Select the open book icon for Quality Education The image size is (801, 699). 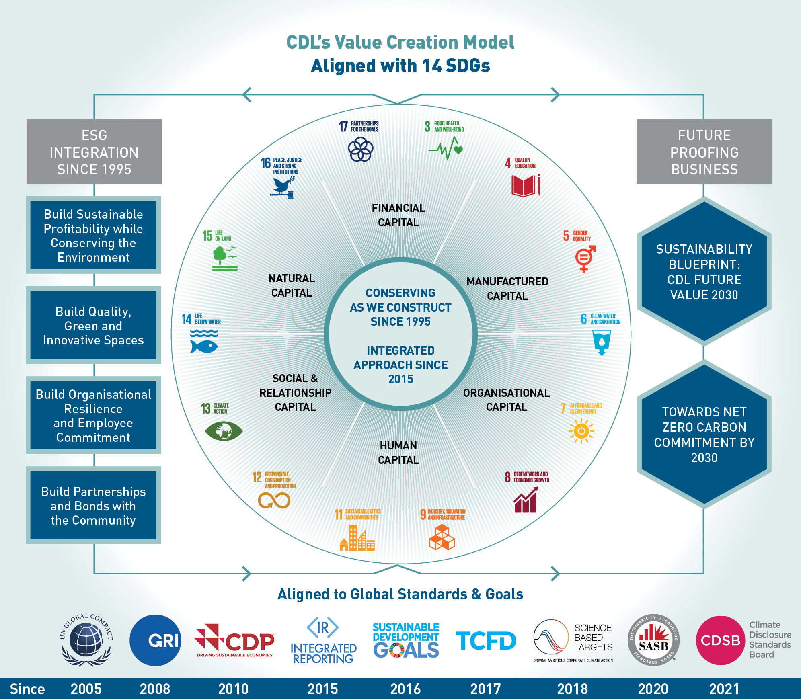(x=525, y=186)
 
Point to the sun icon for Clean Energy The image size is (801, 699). (x=581, y=431)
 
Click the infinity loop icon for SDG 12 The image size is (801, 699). (x=274, y=500)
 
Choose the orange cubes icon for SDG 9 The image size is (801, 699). (x=442, y=537)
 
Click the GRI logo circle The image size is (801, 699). (x=155, y=640)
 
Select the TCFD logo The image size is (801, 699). (x=486, y=641)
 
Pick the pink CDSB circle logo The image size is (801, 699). (x=720, y=640)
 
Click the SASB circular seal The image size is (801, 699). (x=653, y=640)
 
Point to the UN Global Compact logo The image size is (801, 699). (x=86, y=640)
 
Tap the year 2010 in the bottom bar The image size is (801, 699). (x=233, y=689)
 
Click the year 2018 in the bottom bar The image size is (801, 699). (x=572, y=689)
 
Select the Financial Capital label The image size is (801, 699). (x=398, y=215)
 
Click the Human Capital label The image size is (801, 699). (x=398, y=453)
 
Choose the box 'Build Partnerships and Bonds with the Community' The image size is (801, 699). (x=93, y=505)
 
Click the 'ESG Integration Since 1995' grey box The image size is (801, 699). (x=94, y=152)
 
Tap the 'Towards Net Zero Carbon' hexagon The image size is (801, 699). (x=704, y=435)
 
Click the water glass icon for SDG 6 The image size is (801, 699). (x=602, y=342)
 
